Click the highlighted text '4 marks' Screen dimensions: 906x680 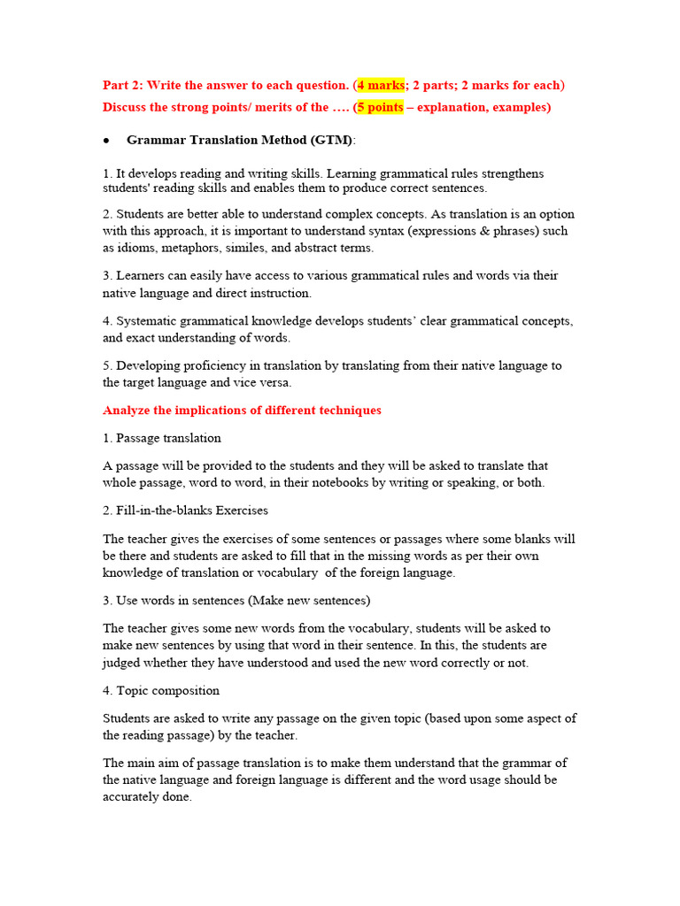[381, 86]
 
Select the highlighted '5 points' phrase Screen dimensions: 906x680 [381, 107]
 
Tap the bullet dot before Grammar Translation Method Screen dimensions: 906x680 [106, 141]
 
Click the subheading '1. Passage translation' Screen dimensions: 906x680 [162, 438]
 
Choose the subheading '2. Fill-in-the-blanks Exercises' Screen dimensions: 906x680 [185, 511]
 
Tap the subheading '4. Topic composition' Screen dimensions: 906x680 [161, 690]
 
